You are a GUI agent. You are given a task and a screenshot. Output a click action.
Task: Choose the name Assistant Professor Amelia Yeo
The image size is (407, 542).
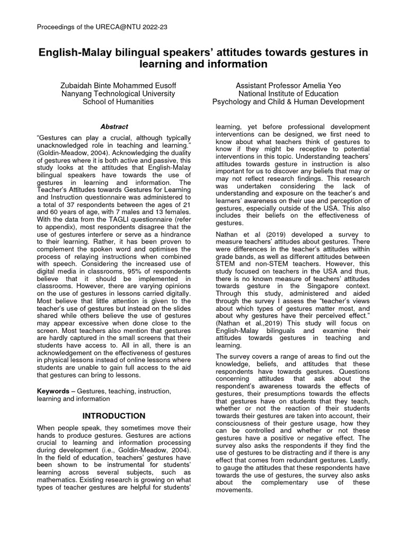(288, 85)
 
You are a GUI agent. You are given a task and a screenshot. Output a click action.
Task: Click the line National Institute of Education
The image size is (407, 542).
(288, 94)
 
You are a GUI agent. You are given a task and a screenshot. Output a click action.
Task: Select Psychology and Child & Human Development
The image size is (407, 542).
(288, 102)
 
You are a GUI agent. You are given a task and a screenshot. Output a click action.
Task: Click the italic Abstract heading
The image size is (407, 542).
(114, 127)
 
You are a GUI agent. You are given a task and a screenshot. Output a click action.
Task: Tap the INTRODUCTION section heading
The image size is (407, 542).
(114, 415)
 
